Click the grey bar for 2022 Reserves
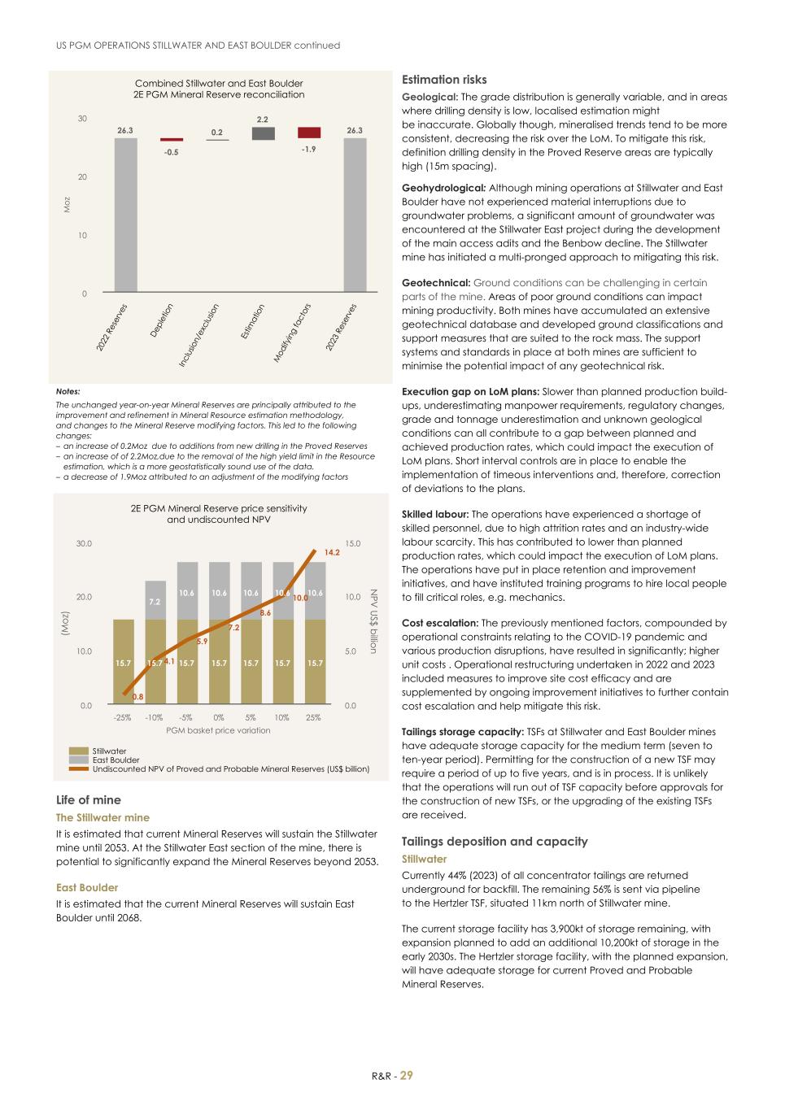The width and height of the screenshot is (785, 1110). pos(125,215)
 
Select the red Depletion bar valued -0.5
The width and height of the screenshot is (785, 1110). pos(172,140)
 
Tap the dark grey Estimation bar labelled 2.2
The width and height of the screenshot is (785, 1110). pos(263,133)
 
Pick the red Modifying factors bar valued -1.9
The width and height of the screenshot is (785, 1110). pos(309,133)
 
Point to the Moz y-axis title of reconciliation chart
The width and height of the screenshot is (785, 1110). pos(68,205)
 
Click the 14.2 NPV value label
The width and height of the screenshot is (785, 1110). pos(332,552)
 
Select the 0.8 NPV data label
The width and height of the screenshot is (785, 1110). pos(138,697)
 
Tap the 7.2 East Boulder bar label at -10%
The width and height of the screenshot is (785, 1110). pos(155,601)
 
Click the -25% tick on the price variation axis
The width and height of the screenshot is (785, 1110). pos(123,717)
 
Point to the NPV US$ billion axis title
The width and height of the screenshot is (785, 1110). pos(373,621)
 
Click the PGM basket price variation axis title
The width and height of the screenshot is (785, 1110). pos(218,730)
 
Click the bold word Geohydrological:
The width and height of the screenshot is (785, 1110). pos(443,188)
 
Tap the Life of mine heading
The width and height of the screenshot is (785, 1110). pos(88,800)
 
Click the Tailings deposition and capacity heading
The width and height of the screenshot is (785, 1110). pos(495,842)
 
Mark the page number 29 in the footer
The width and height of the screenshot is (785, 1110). pos(406,1075)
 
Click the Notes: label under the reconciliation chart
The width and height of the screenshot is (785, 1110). pos(68,391)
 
